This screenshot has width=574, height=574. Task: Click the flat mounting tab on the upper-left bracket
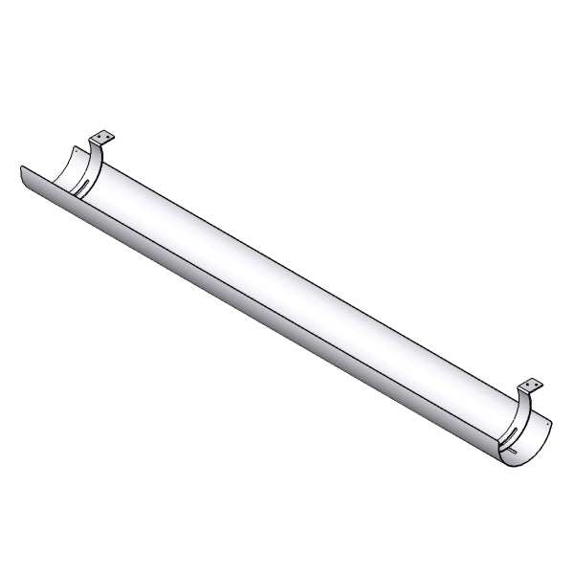103,139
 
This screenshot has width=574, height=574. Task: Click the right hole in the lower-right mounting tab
535,386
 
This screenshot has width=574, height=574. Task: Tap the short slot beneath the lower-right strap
514,450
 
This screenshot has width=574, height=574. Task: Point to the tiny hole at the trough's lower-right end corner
548,418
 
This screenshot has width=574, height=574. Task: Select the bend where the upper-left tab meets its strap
95,145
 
